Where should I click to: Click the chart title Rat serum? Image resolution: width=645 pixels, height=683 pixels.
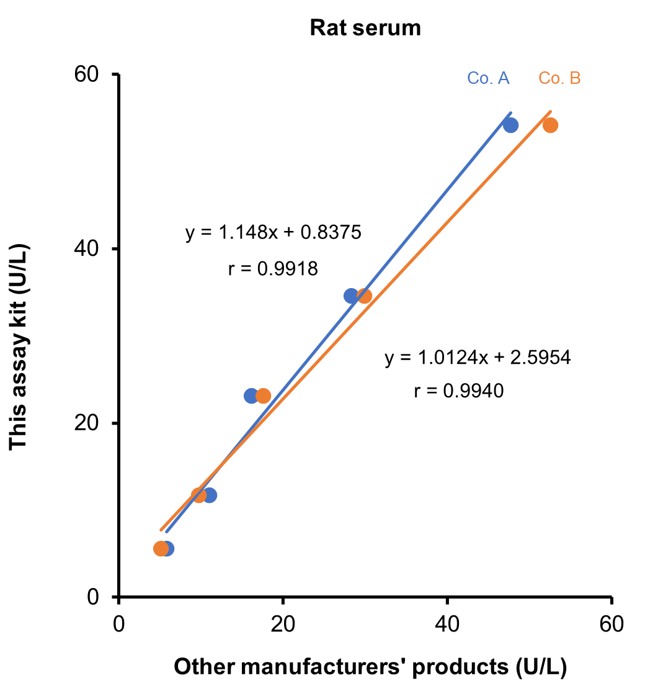tap(365, 28)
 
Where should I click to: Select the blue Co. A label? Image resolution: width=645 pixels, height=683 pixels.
tap(488, 78)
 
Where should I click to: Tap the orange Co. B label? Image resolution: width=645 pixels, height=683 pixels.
tap(559, 78)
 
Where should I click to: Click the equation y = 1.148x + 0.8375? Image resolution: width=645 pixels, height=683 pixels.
tap(273, 233)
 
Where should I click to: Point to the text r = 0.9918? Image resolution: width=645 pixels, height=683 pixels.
tap(273, 268)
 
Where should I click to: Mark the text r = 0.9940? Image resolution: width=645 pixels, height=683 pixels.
tap(458, 391)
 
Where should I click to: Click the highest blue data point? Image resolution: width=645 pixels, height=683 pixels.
tap(510, 125)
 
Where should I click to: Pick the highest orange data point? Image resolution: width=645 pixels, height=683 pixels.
tap(550, 125)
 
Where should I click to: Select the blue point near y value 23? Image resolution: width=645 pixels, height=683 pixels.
tap(251, 396)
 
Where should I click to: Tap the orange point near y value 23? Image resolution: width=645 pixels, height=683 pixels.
tap(264, 396)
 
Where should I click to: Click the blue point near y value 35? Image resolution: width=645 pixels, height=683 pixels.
tap(351, 296)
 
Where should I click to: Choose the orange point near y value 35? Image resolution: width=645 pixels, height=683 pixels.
tap(365, 296)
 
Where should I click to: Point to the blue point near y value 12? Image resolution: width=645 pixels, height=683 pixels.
tap(210, 495)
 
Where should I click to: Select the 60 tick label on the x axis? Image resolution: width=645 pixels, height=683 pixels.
tap(611, 624)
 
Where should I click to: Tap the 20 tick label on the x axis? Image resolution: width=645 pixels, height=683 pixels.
tap(283, 624)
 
